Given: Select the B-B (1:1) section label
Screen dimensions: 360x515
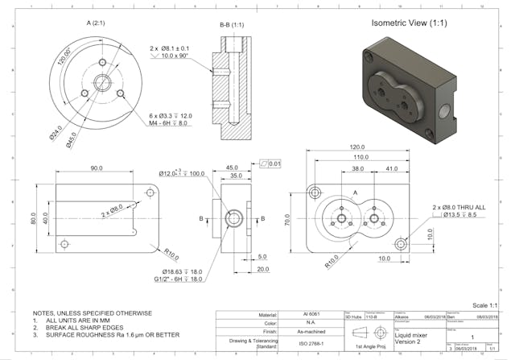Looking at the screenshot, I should click(233, 25).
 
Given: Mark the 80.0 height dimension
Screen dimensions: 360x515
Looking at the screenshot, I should click(34, 217).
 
